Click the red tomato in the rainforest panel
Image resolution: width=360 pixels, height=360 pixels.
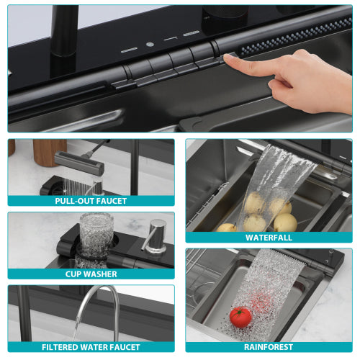click(240, 316)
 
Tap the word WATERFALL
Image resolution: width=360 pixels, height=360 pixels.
click(269, 237)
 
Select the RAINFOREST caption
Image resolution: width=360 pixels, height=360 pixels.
click(269, 346)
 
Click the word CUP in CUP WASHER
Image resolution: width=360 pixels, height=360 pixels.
click(73, 274)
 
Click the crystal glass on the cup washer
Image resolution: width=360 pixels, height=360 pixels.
click(94, 230)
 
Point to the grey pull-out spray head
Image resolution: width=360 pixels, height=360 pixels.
click(78, 163)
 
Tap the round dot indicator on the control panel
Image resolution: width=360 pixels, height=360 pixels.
click(150, 45)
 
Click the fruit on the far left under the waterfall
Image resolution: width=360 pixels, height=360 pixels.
click(227, 228)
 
